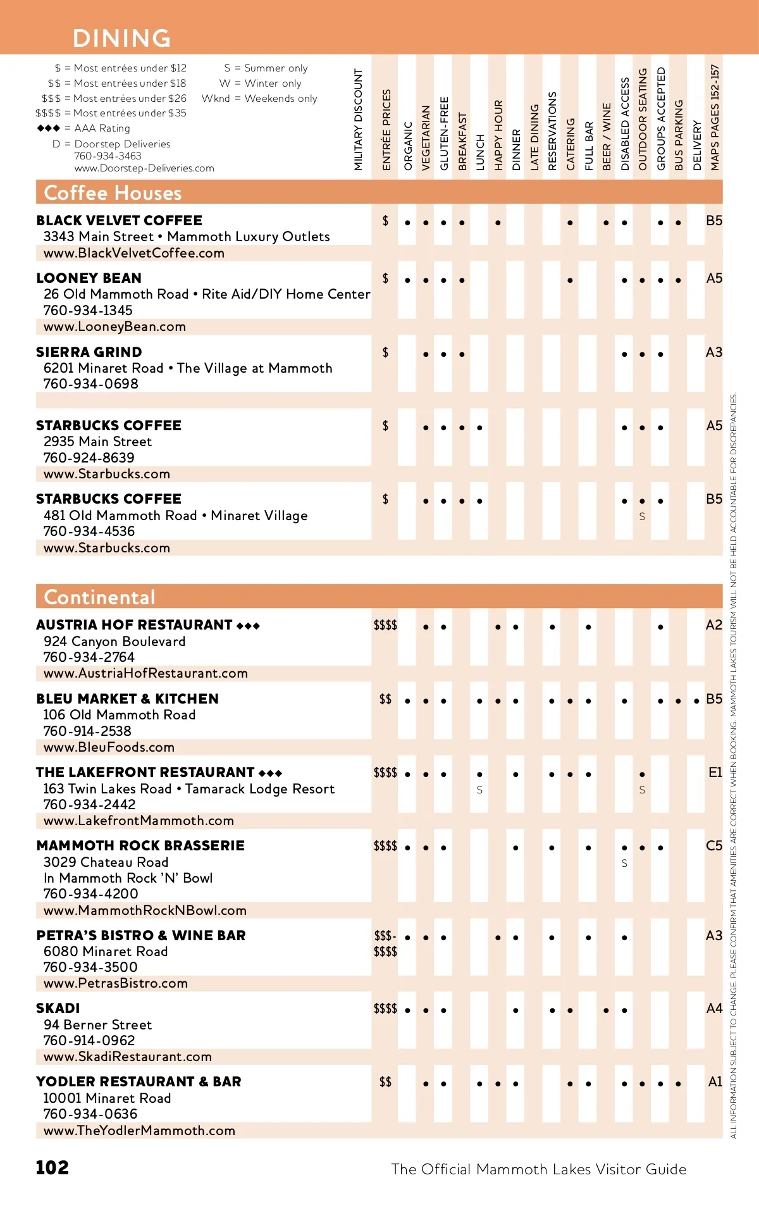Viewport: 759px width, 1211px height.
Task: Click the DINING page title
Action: pyautogui.click(x=121, y=38)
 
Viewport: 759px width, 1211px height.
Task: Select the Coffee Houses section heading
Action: pyautogui.click(x=113, y=193)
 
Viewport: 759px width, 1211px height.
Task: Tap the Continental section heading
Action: pyautogui.click(x=99, y=597)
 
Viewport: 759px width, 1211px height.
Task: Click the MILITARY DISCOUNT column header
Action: pyautogui.click(x=359, y=120)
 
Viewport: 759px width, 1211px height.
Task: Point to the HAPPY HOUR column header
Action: pyautogui.click(x=498, y=135)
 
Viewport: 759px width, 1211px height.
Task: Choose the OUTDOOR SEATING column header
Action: pyautogui.click(x=643, y=119)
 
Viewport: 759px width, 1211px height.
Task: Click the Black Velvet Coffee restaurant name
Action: pyautogui.click(x=119, y=220)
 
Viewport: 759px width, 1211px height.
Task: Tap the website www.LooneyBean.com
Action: pyautogui.click(x=114, y=326)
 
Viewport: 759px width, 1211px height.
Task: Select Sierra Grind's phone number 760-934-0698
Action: pyautogui.click(x=90, y=384)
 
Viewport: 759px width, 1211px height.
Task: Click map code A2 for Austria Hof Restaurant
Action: pyautogui.click(x=713, y=625)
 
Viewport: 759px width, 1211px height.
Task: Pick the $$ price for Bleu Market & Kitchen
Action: pyautogui.click(x=385, y=699)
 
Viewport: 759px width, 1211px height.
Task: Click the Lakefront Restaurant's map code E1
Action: pyautogui.click(x=715, y=773)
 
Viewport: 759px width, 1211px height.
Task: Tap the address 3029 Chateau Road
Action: pyautogui.click(x=106, y=862)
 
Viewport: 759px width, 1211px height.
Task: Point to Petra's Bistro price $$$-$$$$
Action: pyautogui.click(x=385, y=943)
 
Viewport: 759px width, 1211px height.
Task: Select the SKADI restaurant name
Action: pyautogui.click(x=58, y=1008)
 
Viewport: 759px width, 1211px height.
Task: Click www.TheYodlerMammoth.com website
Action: pyautogui.click(x=139, y=1130)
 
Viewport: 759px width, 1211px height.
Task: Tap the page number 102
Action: pyautogui.click(x=52, y=1167)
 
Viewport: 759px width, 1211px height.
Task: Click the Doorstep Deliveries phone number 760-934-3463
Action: pyautogui.click(x=108, y=156)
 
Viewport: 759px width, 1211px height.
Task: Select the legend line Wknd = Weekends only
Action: pyautogui.click(x=259, y=98)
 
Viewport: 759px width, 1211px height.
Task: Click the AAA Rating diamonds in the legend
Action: pyautogui.click(x=49, y=128)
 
